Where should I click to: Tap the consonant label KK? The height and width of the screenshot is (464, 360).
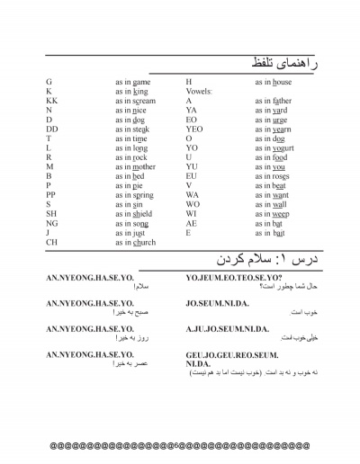point(50,102)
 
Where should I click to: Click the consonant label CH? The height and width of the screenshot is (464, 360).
point(51,243)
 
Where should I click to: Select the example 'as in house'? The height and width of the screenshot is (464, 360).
point(274,82)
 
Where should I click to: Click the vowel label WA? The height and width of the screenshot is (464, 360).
point(192,194)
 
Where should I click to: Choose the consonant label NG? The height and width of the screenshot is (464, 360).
point(51,223)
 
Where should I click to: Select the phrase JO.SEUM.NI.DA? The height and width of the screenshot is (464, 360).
point(220,304)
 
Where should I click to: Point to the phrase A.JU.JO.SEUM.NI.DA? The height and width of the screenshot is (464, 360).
point(232,329)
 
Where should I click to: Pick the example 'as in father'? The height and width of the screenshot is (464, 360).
point(274,102)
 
